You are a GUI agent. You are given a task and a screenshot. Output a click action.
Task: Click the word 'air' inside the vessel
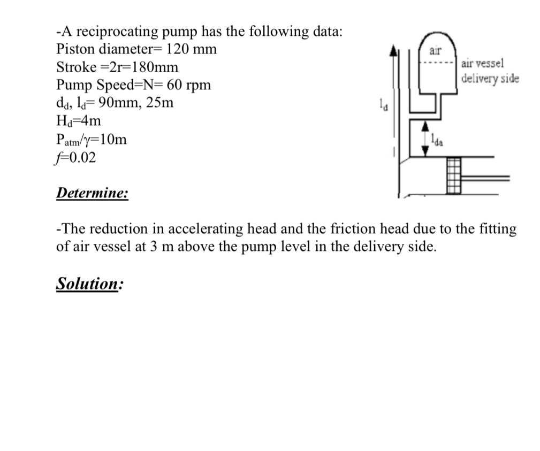[436, 51]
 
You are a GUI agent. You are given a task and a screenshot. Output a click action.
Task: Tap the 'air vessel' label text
[482, 63]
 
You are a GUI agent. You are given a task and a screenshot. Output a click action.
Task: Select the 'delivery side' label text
[490, 78]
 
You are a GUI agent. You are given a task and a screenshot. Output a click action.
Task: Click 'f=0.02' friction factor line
[77, 157]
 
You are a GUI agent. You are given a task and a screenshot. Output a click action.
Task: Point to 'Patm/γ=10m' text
[92, 140]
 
